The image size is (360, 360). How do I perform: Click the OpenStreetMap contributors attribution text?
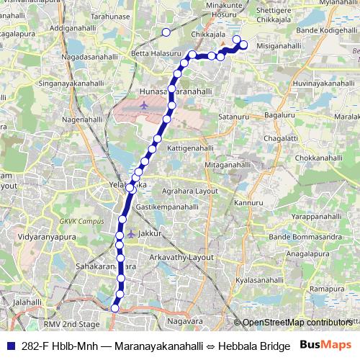click(297, 323)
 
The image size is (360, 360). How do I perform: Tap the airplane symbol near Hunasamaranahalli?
click(145, 106)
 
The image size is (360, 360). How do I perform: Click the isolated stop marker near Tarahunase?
click(166, 32)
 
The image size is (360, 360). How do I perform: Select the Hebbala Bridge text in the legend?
click(251, 346)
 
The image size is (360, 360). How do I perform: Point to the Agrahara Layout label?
click(190, 191)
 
